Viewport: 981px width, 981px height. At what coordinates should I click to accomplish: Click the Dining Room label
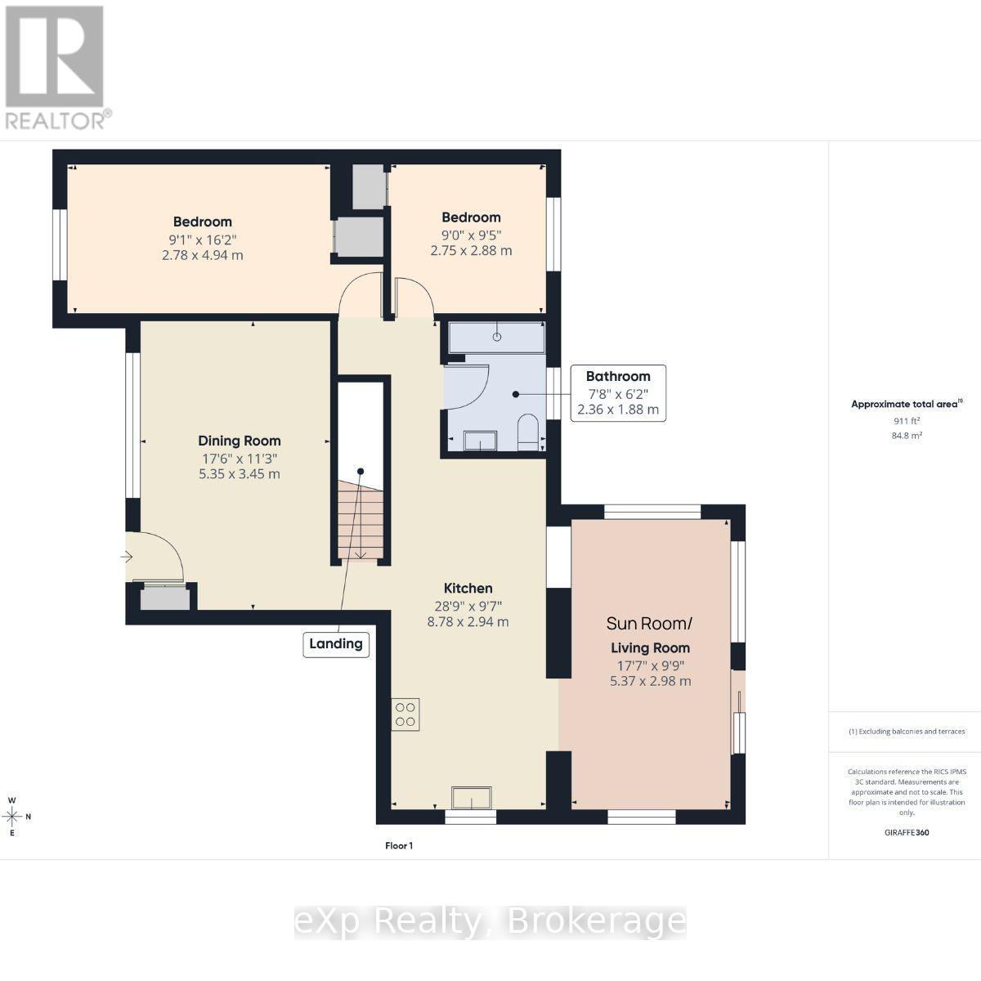click(240, 441)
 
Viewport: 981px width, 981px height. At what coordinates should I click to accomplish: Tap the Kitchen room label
click(468, 589)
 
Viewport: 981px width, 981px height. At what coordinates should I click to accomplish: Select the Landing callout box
click(336, 644)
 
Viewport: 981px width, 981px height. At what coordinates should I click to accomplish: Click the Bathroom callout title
click(618, 376)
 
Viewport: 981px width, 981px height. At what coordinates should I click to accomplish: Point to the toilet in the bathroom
click(528, 432)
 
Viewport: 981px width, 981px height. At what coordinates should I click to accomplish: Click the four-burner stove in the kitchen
click(405, 714)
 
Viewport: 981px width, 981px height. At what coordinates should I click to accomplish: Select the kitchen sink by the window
click(472, 798)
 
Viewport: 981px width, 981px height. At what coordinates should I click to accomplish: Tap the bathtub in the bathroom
click(497, 337)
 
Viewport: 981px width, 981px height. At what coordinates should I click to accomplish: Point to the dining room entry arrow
click(126, 557)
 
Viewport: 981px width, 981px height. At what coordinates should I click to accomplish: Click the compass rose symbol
click(13, 817)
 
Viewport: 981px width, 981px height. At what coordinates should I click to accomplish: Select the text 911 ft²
click(907, 421)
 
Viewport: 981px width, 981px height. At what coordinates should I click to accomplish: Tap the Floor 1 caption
click(399, 845)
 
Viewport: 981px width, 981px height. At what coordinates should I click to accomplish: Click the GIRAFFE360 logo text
click(907, 832)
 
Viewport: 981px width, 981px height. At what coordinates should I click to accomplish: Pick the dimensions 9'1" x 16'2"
click(203, 240)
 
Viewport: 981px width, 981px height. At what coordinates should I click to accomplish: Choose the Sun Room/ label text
click(649, 624)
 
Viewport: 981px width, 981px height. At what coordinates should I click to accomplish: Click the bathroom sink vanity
click(480, 441)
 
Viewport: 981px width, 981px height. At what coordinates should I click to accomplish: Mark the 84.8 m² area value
click(907, 436)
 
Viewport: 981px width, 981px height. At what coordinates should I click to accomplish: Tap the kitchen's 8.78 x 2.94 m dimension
click(468, 621)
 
